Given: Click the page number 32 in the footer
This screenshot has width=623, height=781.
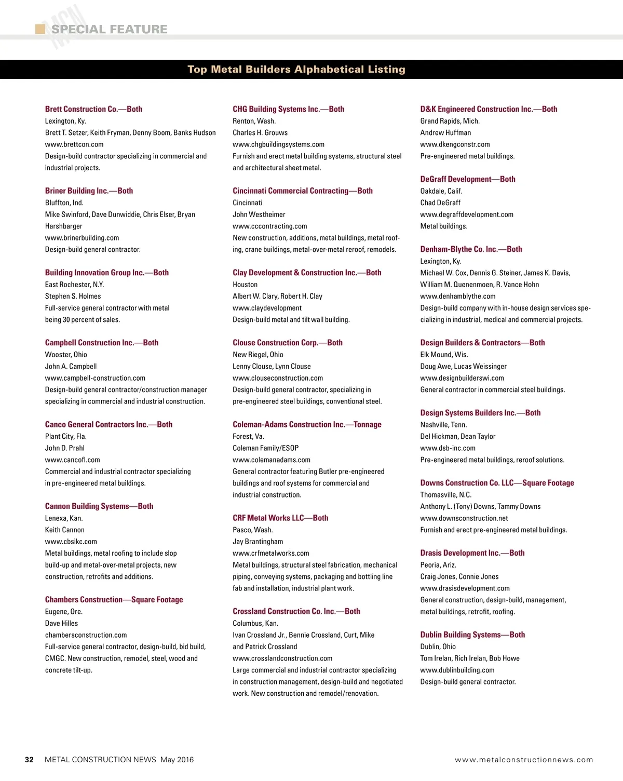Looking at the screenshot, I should pyautogui.click(x=29, y=760).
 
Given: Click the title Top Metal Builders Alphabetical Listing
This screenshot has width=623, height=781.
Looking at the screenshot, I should pyautogui.click(x=296, y=70).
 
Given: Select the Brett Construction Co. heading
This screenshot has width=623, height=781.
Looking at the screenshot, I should pyautogui.click(x=93, y=109).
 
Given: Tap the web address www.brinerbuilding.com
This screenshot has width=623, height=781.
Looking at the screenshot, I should pyautogui.click(x=82, y=238).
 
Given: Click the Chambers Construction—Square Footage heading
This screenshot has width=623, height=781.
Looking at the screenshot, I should pyautogui.click(x=114, y=600).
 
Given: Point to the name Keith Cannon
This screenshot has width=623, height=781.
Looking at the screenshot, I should pyautogui.click(x=65, y=530).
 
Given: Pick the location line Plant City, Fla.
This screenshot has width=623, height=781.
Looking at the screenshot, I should pyautogui.click(x=66, y=436).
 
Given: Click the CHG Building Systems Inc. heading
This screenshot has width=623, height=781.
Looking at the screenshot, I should pyautogui.click(x=288, y=109).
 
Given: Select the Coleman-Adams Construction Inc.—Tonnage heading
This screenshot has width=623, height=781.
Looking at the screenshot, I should pyautogui.click(x=307, y=425).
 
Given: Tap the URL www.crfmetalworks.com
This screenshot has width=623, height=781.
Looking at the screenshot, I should pyautogui.click(x=271, y=553).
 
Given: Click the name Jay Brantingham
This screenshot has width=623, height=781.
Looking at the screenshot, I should pyautogui.click(x=258, y=542).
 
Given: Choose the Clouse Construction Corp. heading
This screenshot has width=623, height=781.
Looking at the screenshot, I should pyautogui.click(x=288, y=343).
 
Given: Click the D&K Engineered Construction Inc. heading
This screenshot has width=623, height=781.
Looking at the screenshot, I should pyautogui.click(x=489, y=109).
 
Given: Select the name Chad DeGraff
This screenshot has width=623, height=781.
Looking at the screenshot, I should pyautogui.click(x=440, y=203).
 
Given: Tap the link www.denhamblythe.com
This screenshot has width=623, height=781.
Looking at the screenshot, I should pyautogui.click(x=458, y=296).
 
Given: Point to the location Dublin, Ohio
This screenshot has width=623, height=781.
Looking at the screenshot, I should pyautogui.click(x=438, y=647).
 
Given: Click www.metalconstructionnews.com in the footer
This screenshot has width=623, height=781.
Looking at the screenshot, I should pyautogui.click(x=524, y=760).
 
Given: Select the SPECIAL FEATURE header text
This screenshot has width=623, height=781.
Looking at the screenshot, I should pyautogui.click(x=109, y=29).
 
